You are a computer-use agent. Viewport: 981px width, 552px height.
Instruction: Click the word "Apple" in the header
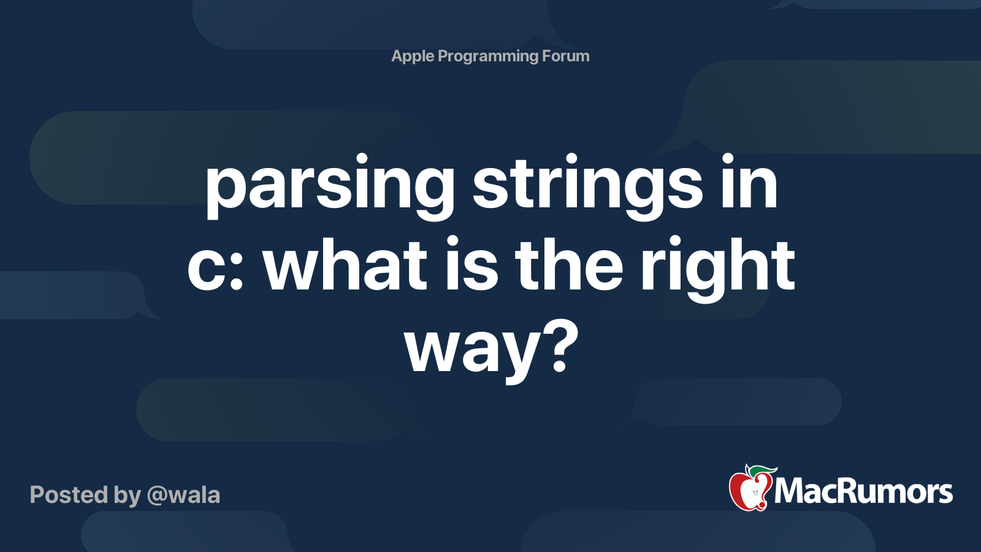pos(413,56)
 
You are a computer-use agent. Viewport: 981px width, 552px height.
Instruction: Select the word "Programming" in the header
pos(488,56)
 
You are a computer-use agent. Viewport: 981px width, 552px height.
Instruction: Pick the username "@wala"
pos(183,495)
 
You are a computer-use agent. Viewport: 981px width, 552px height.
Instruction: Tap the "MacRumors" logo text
pos(863,492)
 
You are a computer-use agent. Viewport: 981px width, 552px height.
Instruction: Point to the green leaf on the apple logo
pos(764,471)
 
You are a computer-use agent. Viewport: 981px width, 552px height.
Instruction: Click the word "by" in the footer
pos(128,496)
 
